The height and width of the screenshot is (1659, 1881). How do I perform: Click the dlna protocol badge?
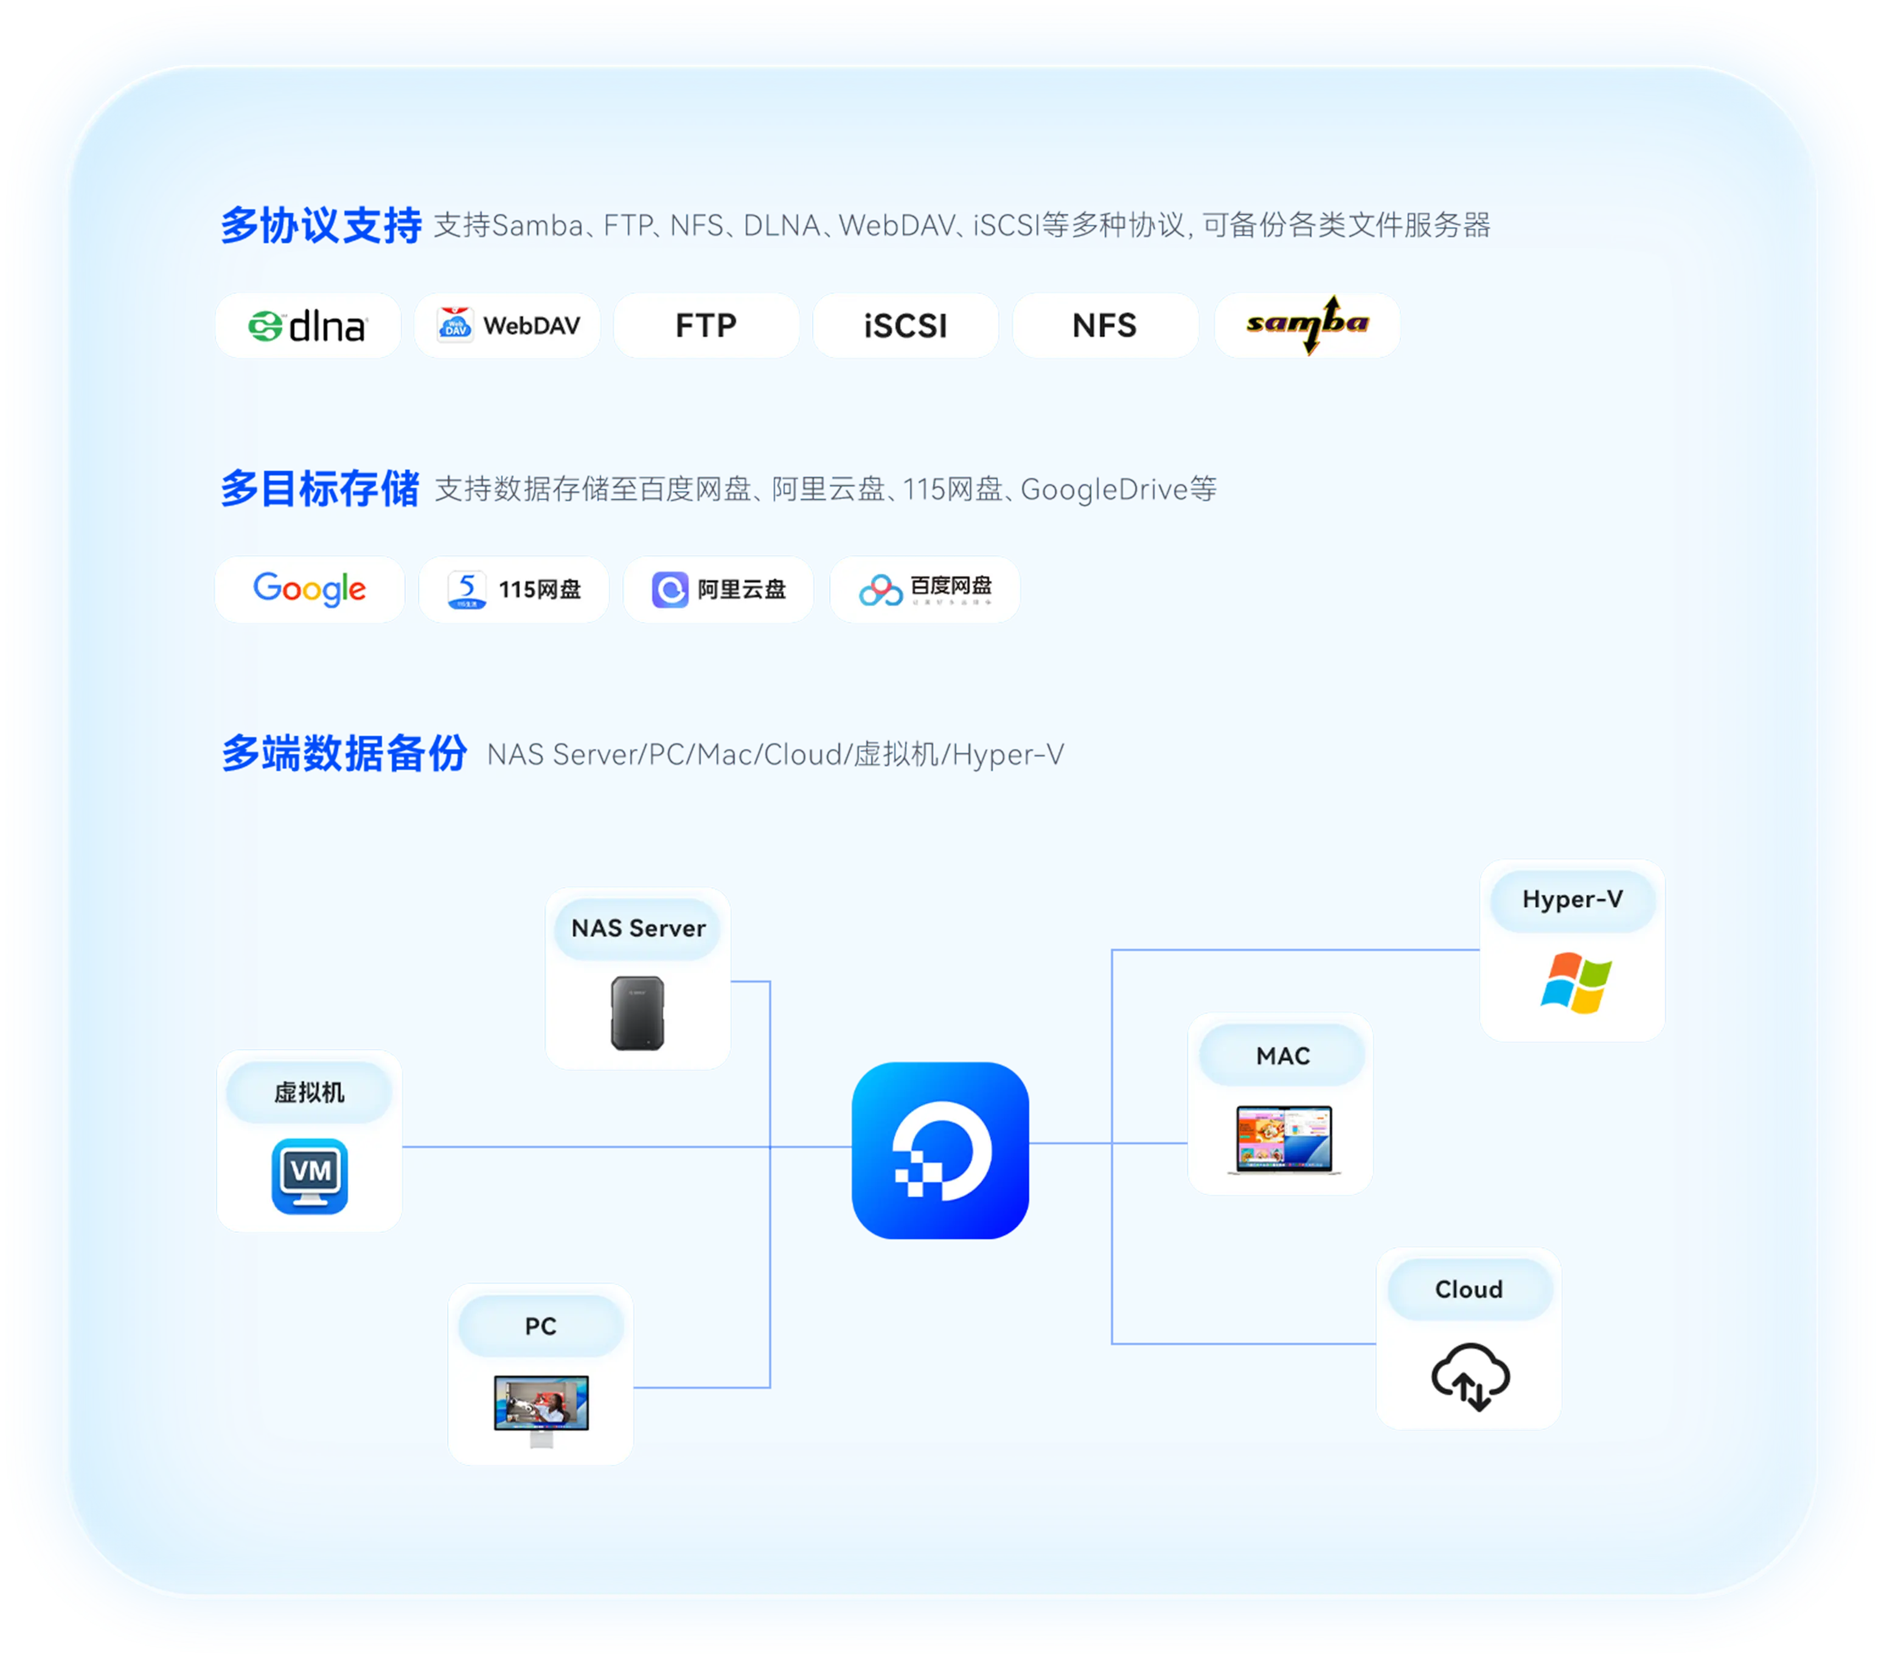(307, 326)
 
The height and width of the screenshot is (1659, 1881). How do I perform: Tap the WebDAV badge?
(507, 326)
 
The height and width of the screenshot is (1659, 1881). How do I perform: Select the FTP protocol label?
(706, 326)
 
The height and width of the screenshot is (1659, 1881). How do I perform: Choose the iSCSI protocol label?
(906, 326)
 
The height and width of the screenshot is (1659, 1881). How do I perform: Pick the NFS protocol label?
(1104, 326)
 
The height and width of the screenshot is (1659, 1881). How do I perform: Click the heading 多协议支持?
(321, 226)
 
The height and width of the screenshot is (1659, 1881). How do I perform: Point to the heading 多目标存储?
(320, 488)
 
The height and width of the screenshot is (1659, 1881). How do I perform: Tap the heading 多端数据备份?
(344, 753)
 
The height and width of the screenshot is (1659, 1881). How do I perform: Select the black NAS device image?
(638, 1013)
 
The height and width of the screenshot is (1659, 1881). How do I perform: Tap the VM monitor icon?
(310, 1177)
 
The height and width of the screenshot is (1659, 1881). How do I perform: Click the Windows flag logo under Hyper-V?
(1576, 983)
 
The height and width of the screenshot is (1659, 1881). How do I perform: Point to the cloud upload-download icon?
(1470, 1376)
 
